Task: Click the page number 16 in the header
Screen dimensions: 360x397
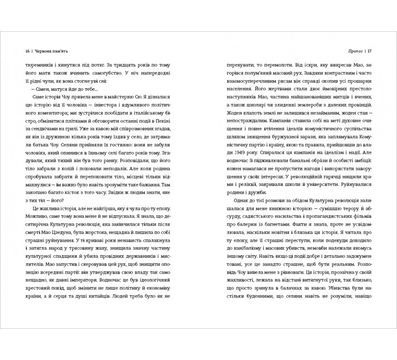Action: [x=28, y=50]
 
